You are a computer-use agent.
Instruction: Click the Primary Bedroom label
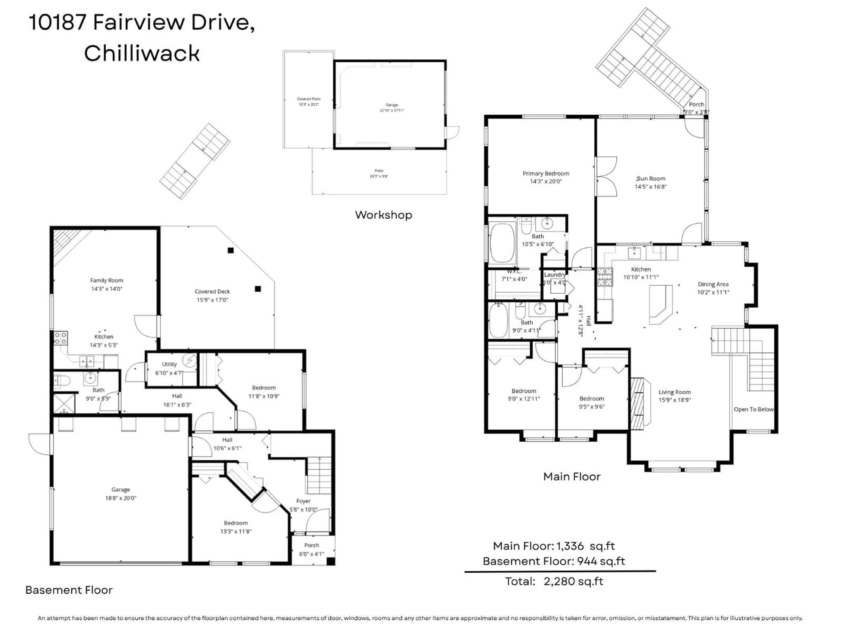(x=546, y=174)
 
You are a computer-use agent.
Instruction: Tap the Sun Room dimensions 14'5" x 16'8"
(x=651, y=187)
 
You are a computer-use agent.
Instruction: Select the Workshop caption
(x=383, y=215)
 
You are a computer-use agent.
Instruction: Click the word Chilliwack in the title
(x=142, y=53)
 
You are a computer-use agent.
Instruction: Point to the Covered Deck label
(x=212, y=291)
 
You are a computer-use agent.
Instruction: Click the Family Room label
(x=107, y=280)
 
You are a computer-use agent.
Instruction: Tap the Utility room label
(x=169, y=364)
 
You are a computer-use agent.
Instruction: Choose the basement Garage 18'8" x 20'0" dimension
(x=121, y=498)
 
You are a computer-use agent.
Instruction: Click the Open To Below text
(x=753, y=409)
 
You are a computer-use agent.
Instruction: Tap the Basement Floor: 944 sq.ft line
(x=554, y=561)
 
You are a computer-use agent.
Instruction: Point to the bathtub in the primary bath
(x=502, y=243)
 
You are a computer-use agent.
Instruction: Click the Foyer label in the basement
(x=303, y=501)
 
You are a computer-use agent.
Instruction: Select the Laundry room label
(x=554, y=275)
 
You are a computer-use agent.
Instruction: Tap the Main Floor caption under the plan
(x=572, y=477)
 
